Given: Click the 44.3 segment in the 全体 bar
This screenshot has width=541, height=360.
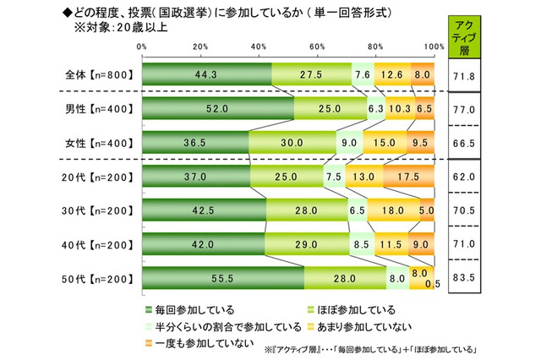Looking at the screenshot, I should [x=206, y=74].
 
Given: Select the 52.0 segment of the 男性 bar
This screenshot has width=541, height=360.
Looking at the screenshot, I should [x=218, y=108].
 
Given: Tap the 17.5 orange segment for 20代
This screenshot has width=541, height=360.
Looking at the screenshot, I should [x=408, y=176].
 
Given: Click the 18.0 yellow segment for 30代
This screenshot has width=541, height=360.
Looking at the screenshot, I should [x=393, y=210].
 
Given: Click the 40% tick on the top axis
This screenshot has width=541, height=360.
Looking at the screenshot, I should [x=259, y=45].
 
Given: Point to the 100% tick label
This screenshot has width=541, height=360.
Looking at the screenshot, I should [x=432, y=45].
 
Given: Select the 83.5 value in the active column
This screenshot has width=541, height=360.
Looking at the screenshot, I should [x=465, y=277].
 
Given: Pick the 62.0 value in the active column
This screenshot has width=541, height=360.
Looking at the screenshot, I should [x=465, y=176].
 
